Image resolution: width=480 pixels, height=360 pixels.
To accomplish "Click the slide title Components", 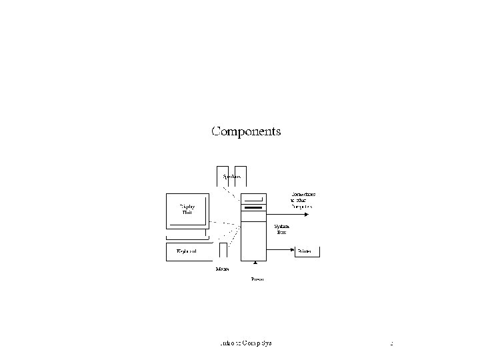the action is click(246, 131).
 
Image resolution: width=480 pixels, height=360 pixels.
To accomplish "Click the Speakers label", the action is click(232, 177).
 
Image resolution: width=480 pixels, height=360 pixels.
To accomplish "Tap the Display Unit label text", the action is click(187, 209).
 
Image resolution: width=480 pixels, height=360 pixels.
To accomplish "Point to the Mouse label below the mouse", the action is click(223, 269).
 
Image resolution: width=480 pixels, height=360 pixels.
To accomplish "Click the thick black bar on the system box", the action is click(254, 209).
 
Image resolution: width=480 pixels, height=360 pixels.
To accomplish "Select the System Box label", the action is click(281, 229).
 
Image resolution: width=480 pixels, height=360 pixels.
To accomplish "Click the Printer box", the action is click(308, 251).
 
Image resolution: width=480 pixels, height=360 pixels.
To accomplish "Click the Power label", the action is click(257, 279).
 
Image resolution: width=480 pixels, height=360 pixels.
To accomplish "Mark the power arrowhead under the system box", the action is click(255, 263).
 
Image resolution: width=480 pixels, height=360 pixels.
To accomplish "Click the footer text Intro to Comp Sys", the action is click(246, 343).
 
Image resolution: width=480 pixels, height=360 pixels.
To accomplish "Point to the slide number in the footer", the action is click(392, 343).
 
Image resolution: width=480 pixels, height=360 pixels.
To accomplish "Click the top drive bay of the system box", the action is click(254, 198).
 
